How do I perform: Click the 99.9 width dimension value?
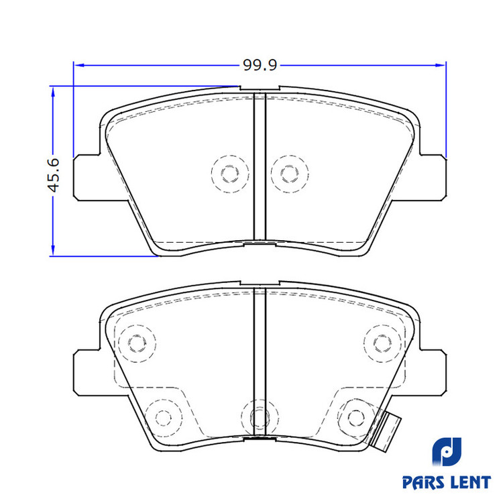[x=260, y=65]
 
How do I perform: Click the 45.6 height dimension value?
[x=54, y=175]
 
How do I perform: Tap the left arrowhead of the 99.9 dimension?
[x=79, y=65]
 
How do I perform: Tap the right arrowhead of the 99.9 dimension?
[x=441, y=65]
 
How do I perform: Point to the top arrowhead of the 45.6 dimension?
[x=53, y=91]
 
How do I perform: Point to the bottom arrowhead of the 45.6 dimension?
[x=53, y=251]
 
